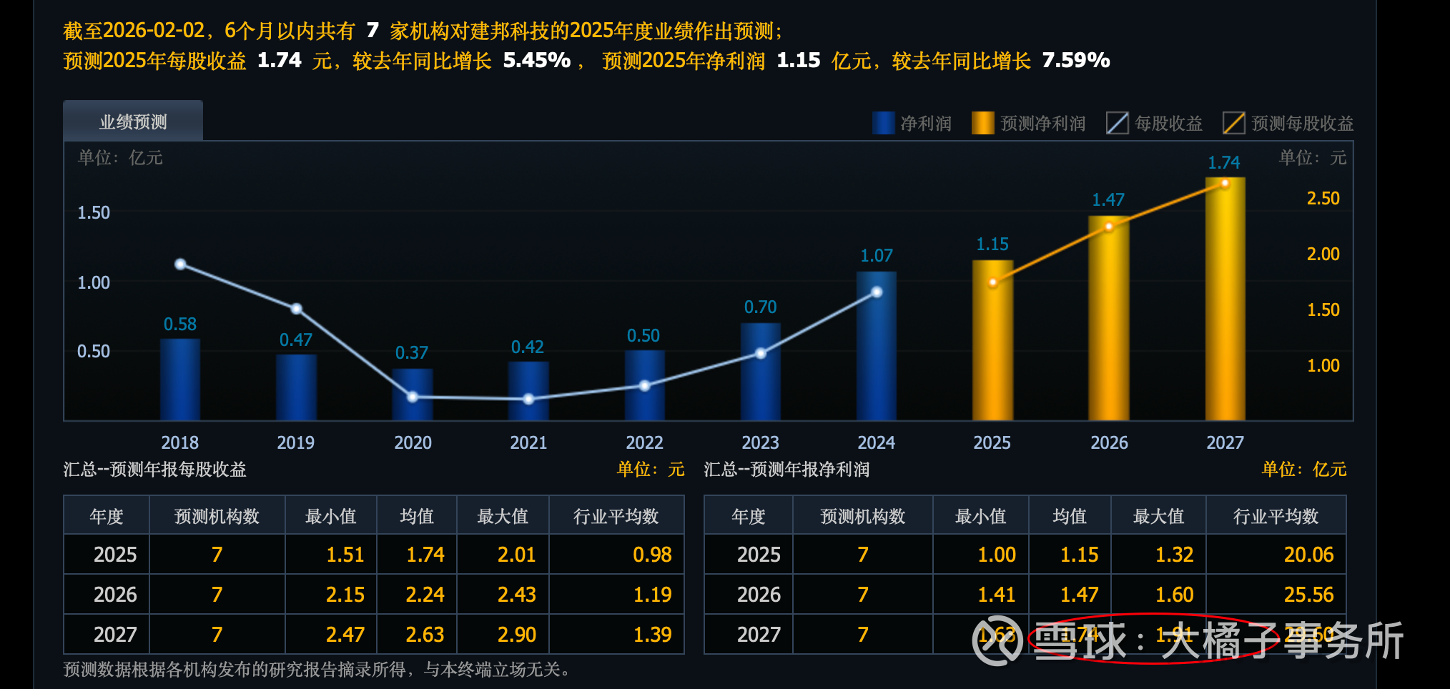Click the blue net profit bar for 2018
point(179,379)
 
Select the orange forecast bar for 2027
point(1225,300)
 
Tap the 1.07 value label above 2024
point(876,255)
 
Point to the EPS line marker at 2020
point(413,397)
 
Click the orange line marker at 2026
point(1109,227)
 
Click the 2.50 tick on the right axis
point(1323,198)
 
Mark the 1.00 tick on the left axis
point(94,282)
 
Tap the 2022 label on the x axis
point(644,442)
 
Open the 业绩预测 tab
point(133,122)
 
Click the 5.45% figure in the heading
point(536,60)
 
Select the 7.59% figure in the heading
point(1075,60)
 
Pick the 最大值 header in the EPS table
point(502,516)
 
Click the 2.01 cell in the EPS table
point(516,555)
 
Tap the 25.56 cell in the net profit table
point(1308,595)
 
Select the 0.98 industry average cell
point(652,555)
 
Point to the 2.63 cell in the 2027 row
point(425,635)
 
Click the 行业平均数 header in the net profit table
point(1276,516)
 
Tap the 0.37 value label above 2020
point(411,352)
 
